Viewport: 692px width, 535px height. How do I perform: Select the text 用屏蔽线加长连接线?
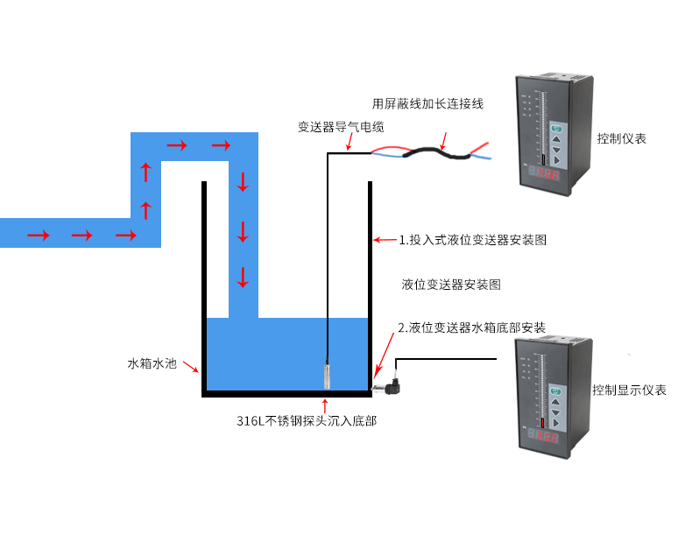tap(427, 103)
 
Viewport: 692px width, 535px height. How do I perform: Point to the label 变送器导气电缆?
tap(341, 127)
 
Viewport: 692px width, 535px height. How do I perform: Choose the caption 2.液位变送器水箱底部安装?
tap(471, 327)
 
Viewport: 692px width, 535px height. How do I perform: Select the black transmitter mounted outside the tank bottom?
tap(388, 382)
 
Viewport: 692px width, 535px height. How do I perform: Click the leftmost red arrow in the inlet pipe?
tap(38, 235)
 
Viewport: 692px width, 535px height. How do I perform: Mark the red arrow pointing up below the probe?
tap(326, 405)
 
